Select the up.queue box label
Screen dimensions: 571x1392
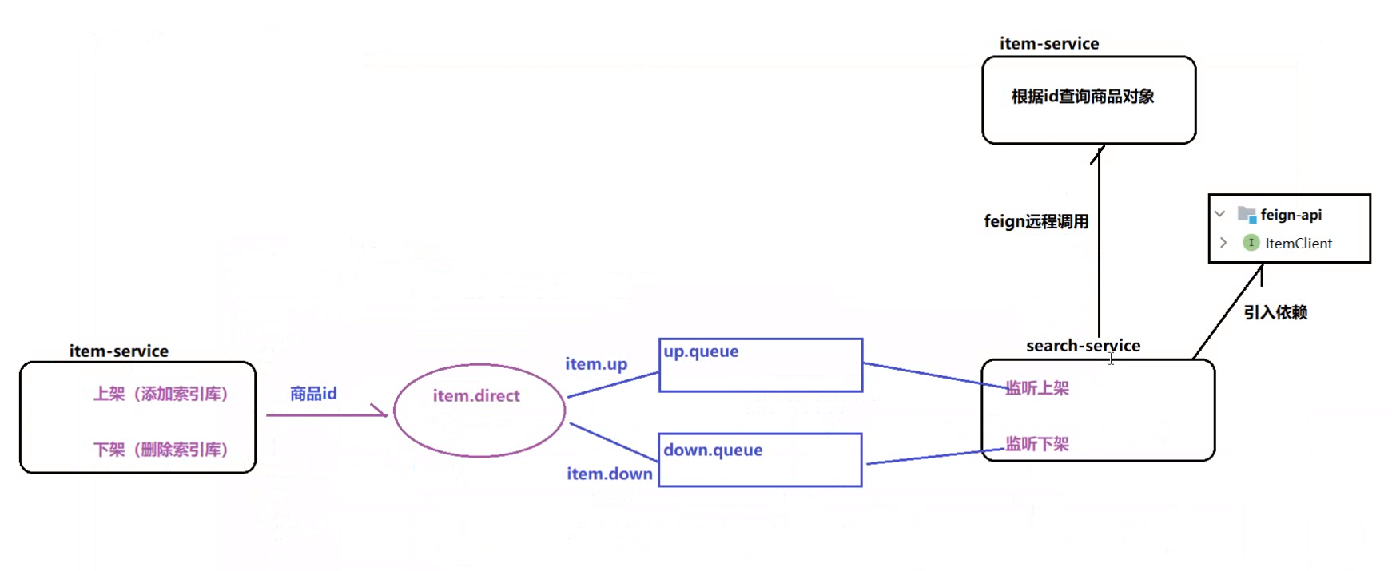(701, 351)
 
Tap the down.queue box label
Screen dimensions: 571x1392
(713, 450)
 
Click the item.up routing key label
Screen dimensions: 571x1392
(596, 364)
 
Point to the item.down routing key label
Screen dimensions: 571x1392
(609, 474)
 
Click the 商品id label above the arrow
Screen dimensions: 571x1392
(313, 394)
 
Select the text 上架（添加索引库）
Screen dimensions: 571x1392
(161, 394)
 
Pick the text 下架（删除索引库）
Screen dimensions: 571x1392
(161, 450)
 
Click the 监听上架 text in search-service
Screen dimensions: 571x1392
(1036, 388)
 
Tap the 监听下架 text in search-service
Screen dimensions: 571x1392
(1036, 444)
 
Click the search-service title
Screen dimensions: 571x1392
(1083, 346)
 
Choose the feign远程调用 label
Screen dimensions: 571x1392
(1036, 221)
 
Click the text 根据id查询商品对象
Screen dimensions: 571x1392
(1083, 97)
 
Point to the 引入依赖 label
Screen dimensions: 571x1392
(1275, 312)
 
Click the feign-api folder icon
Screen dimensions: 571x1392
(1247, 214)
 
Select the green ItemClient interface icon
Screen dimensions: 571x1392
(1251, 243)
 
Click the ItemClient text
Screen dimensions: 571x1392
(1299, 244)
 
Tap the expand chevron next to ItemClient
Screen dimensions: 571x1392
(1223, 242)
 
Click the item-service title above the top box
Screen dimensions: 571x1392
(1048, 44)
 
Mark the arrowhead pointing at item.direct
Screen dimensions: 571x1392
(382, 412)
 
